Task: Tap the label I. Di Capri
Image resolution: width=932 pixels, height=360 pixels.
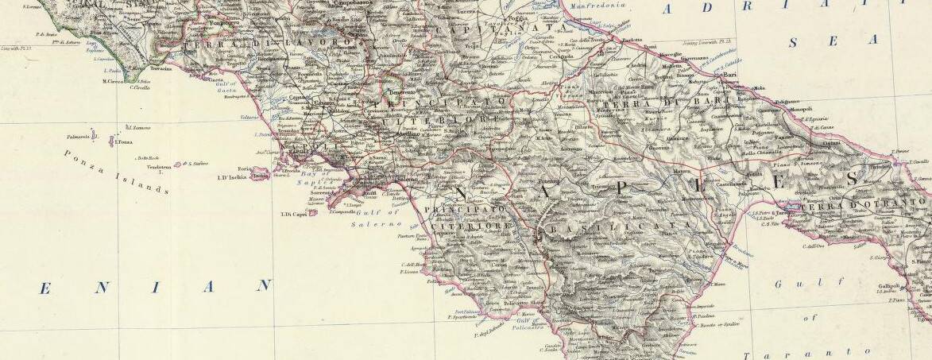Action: click(x=293, y=213)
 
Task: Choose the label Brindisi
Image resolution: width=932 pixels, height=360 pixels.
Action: click(x=879, y=168)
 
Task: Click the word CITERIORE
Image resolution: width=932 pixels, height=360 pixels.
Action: click(x=475, y=227)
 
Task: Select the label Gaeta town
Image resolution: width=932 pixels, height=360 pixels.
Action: click(x=215, y=80)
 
